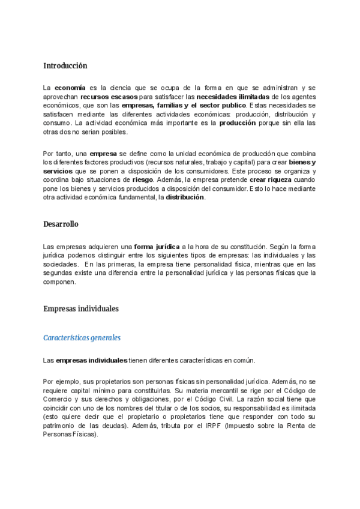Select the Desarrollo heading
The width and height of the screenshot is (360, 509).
[61, 224]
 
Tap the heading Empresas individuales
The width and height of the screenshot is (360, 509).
[81, 309]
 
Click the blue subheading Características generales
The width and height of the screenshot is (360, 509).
[82, 337]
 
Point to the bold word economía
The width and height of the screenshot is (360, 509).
[70, 88]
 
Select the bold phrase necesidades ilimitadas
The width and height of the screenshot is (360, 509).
[233, 96]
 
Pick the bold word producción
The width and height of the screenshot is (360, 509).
[238, 122]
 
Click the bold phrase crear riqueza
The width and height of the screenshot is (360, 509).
[270, 179]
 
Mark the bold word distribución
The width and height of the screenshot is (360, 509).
[185, 197]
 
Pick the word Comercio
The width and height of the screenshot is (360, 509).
[60, 391]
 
